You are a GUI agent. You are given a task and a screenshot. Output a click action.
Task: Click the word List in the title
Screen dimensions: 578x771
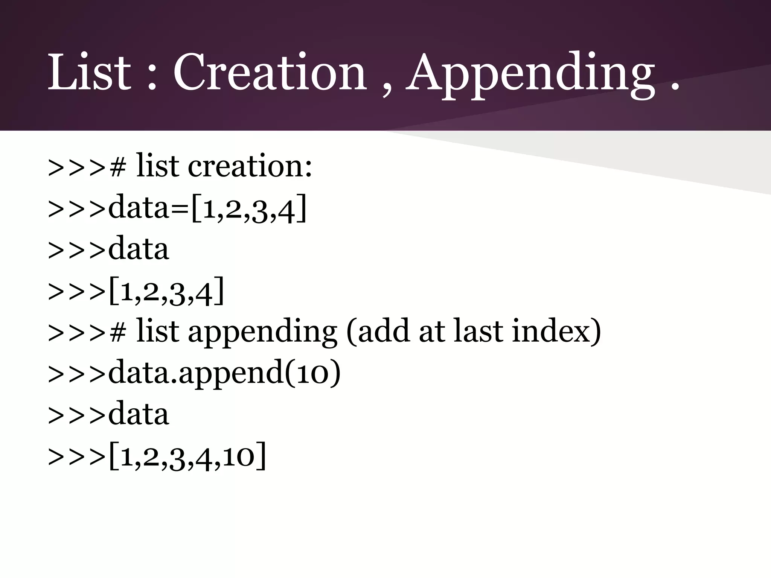coord(89,72)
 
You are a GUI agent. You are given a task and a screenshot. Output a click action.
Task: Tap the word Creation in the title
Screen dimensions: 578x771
coord(270,72)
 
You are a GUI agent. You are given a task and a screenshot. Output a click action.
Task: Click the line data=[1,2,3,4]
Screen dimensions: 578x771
coord(177,208)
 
